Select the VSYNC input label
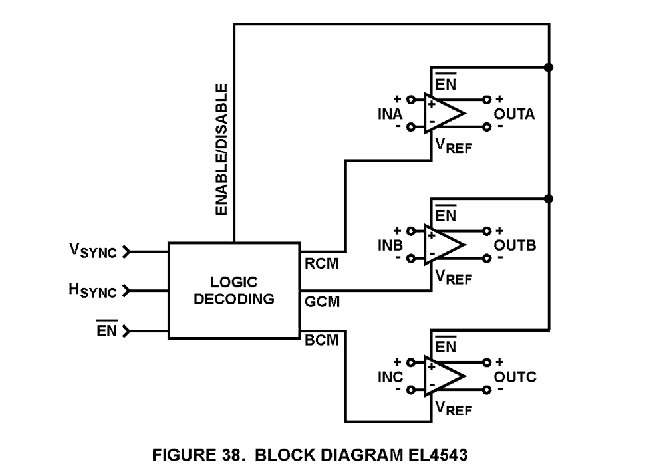pyautogui.click(x=93, y=251)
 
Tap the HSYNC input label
pyautogui.click(x=93, y=291)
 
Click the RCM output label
pyautogui.click(x=322, y=264)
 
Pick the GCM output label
pyautogui.click(x=322, y=302)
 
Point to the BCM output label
pyautogui.click(x=322, y=341)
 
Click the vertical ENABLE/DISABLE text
pyautogui.click(x=221, y=149)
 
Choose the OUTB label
pyautogui.click(x=515, y=246)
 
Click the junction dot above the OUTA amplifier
pyautogui.click(x=549, y=67)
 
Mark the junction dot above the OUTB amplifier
pyautogui.click(x=549, y=199)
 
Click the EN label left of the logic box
pyautogui.click(x=106, y=330)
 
